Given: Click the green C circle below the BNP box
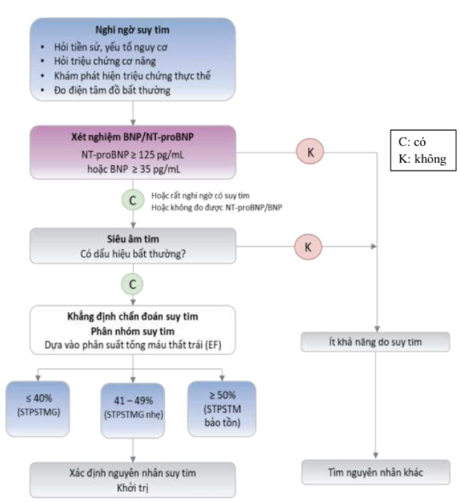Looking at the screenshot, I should pos(132,199).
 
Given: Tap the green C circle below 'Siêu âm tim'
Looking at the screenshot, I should pos(132,284).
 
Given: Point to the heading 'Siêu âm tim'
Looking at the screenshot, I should pos(132,238).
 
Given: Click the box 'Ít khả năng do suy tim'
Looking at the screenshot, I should pos(376,342).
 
